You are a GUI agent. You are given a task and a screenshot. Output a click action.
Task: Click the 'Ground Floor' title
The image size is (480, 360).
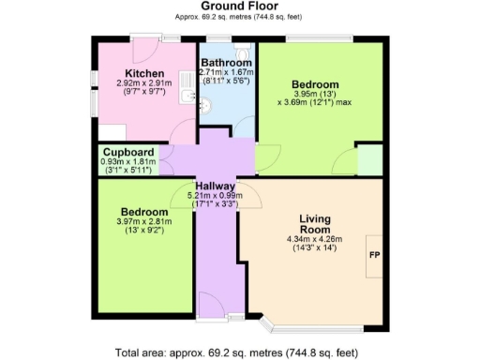coord(238,7)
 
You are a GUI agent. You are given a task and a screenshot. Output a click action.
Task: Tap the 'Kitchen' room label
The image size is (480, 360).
coord(145,73)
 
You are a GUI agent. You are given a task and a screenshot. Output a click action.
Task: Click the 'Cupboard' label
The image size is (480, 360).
coord(128,151)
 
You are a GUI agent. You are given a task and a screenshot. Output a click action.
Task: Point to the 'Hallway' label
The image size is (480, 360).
coord(215,186)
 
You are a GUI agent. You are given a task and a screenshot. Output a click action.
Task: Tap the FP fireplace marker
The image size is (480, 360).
coord(374,255)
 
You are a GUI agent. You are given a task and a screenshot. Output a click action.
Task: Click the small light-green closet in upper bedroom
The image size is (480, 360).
coord(369,160)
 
